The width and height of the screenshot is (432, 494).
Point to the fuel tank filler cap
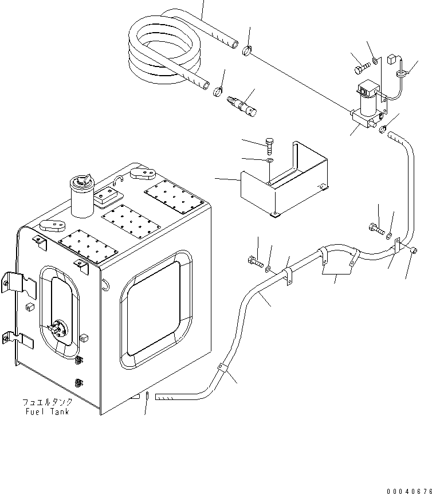tap(81, 183)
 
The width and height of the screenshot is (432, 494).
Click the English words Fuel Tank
tap(47, 411)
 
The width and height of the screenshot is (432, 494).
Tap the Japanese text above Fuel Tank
tap(47, 402)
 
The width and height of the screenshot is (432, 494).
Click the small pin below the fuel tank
tap(147, 395)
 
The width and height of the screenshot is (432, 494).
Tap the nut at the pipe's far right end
tap(415, 249)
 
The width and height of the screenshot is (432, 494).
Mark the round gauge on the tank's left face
tap(58, 330)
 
